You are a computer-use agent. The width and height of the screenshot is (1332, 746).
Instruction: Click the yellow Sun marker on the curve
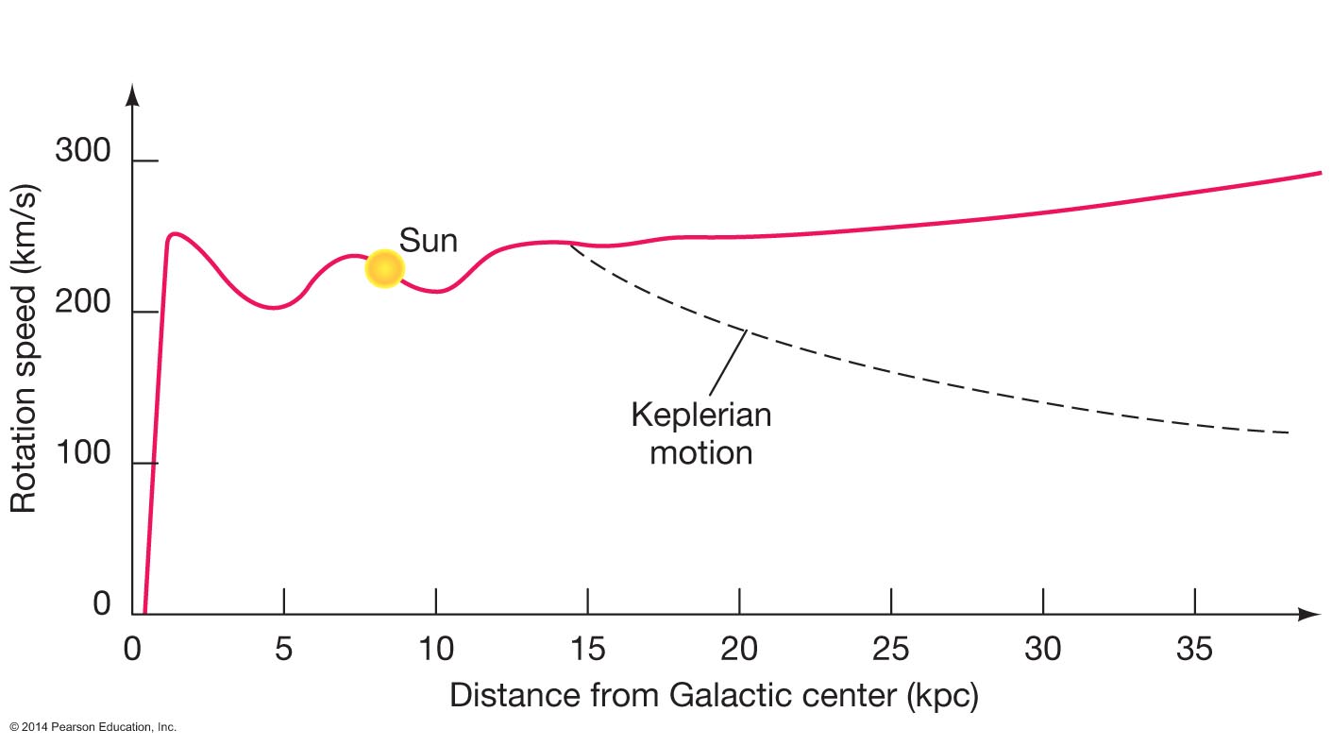tap(384, 269)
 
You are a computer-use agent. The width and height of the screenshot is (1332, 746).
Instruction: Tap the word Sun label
tap(428, 240)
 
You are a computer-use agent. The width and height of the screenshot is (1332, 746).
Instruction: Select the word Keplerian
tap(700, 415)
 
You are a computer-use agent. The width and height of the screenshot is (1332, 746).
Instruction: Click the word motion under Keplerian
tap(701, 452)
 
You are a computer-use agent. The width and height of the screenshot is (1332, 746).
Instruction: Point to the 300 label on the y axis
tap(82, 150)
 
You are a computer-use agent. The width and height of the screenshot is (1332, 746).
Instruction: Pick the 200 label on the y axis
tap(82, 303)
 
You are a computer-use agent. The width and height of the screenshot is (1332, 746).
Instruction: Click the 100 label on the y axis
tap(82, 454)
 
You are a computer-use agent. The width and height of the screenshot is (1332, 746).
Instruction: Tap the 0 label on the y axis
tap(102, 604)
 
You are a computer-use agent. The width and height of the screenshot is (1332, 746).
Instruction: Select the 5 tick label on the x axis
tap(283, 650)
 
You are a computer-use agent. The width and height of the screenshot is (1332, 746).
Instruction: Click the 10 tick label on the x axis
tap(435, 650)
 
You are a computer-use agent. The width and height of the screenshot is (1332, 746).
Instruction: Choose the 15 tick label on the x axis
tap(587, 650)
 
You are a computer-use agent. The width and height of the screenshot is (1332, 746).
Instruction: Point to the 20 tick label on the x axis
tap(739, 650)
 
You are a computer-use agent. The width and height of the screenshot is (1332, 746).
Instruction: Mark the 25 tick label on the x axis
tap(891, 650)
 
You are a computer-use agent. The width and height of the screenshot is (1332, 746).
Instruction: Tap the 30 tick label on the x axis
tap(1043, 650)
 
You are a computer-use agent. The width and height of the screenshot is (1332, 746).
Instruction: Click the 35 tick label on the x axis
tap(1195, 650)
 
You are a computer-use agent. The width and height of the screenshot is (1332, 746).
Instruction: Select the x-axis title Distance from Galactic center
tap(714, 696)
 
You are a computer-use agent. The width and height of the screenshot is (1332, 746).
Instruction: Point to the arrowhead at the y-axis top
tap(133, 93)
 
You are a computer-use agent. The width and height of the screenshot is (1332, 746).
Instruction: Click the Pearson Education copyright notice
tap(93, 727)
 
